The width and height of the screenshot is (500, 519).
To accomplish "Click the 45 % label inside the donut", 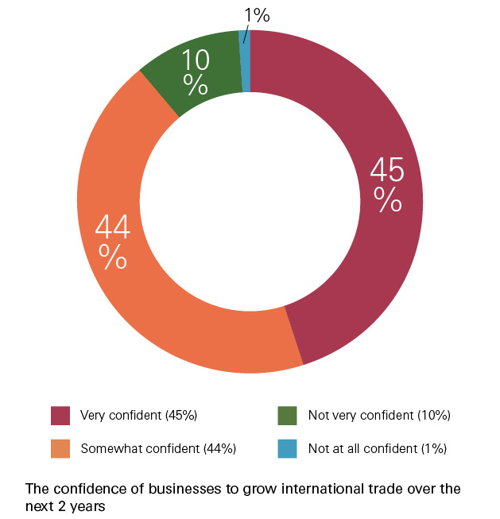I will coord(388,184).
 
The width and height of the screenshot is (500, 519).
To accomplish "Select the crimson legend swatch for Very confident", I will coord(60,416).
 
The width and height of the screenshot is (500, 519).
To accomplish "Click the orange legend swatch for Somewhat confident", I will coord(60,448).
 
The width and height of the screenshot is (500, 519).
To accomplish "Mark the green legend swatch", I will coord(287,416).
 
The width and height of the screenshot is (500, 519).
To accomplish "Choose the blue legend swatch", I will coord(287,448).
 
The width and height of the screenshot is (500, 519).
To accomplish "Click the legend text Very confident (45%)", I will coord(138,416).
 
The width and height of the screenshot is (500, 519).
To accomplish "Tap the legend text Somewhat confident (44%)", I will coord(158,448).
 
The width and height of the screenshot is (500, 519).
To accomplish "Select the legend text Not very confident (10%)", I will coord(379,416).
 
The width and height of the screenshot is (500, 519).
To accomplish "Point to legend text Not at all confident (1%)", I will coord(377,448).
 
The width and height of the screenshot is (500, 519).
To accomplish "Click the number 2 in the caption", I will coord(60,504).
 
